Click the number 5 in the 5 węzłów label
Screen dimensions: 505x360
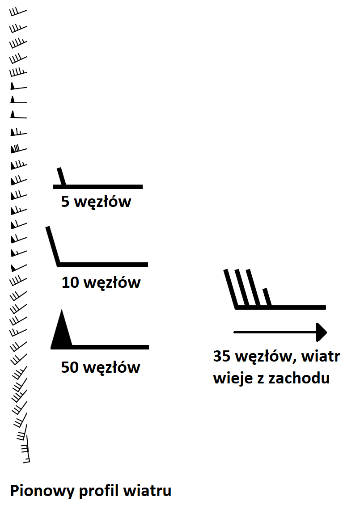[x=66, y=202]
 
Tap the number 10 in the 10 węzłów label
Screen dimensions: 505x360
[x=70, y=283]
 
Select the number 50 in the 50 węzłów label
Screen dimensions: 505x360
[x=70, y=367]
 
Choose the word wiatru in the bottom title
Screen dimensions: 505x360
[x=148, y=491]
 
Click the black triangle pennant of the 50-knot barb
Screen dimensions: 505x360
[x=62, y=331]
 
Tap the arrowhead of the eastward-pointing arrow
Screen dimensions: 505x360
[x=322, y=332]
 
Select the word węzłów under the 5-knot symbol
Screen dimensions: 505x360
[x=102, y=202]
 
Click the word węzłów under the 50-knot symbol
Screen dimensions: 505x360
[x=111, y=367]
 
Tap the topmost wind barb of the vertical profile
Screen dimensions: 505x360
[x=18, y=11]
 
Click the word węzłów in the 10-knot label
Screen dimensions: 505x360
[x=112, y=283]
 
